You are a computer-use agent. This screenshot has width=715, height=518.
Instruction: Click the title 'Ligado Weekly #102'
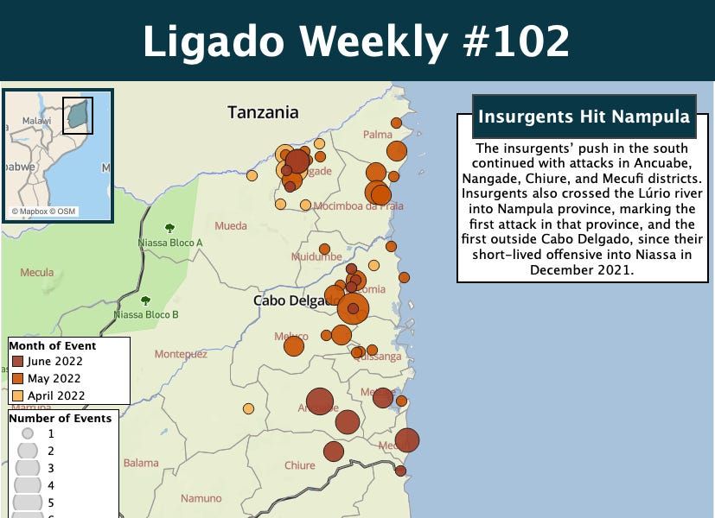tap(356, 41)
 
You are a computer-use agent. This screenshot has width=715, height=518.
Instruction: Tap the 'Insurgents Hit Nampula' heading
tap(584, 117)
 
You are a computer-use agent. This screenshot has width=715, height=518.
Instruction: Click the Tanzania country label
tap(263, 112)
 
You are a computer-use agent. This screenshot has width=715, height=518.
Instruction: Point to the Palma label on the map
tap(378, 134)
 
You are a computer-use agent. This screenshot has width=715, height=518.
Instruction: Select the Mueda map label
tap(230, 226)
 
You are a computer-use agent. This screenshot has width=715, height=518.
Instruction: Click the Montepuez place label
tap(181, 354)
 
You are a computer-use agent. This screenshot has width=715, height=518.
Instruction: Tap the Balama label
tap(141, 463)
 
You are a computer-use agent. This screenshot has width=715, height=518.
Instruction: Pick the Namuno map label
tap(201, 498)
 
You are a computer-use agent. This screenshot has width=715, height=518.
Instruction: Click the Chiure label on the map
tap(300, 465)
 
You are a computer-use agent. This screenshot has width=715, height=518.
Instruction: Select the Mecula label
tap(37, 272)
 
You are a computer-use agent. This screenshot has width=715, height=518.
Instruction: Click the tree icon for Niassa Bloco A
tap(169, 229)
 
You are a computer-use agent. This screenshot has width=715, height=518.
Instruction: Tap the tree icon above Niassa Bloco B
tap(145, 300)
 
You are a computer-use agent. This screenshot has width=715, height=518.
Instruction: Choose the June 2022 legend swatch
tap(17, 362)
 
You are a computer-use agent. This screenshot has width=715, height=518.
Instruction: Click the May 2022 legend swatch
tap(17, 378)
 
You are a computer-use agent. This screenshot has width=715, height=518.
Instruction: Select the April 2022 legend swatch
tap(17, 395)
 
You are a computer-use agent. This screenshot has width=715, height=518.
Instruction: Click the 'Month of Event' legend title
tap(53, 345)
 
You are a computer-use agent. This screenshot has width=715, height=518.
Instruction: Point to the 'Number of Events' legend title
tap(61, 418)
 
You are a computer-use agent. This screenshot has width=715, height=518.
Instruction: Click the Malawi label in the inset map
tap(36, 121)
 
